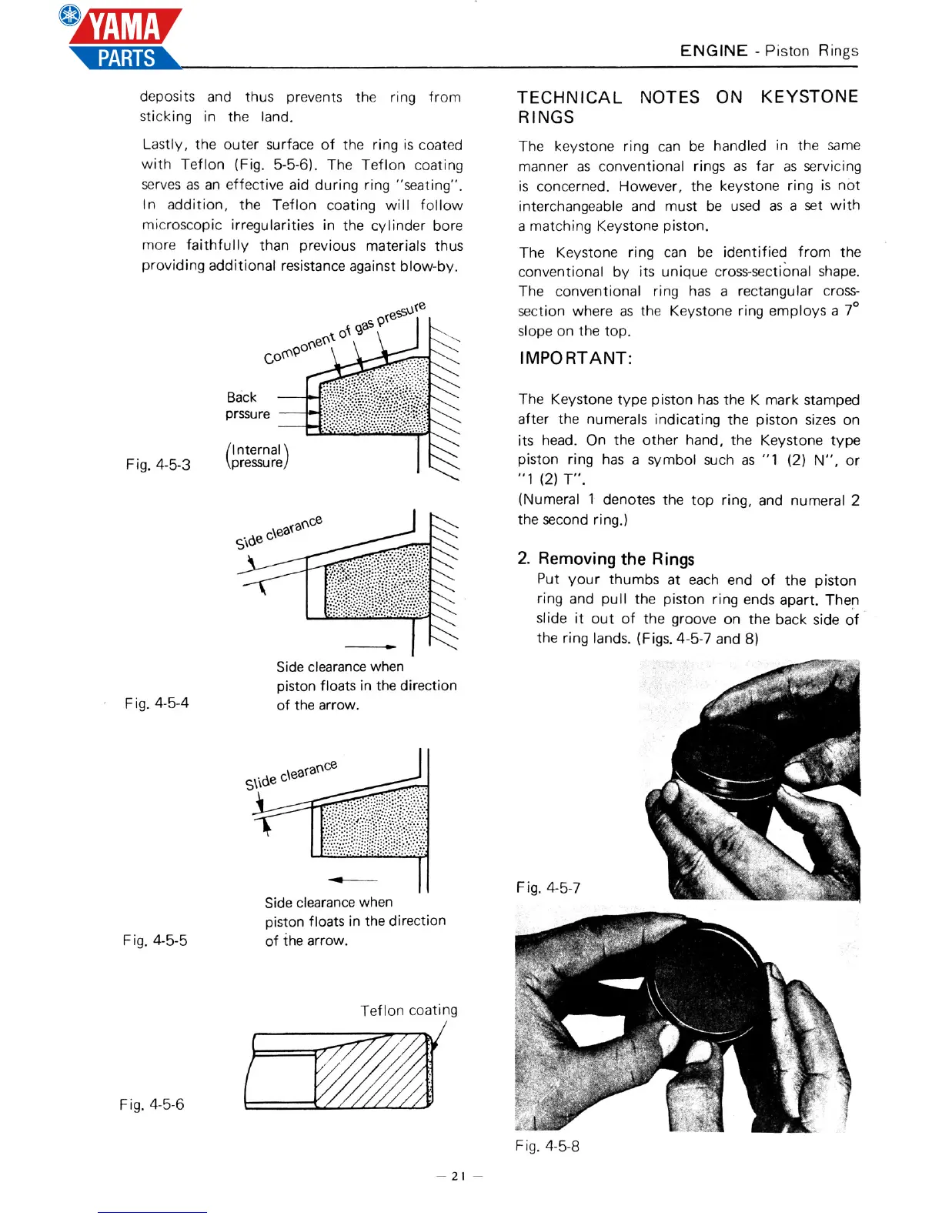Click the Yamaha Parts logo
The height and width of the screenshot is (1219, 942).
[123, 38]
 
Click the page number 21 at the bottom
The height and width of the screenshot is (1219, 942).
[459, 1175]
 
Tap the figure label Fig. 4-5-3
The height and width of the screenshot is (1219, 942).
[158, 464]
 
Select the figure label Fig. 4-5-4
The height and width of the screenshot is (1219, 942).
[156, 703]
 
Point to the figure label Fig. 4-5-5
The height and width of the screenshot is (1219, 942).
[155, 940]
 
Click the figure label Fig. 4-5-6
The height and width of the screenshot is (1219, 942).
[152, 1104]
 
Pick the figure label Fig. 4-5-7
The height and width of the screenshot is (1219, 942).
[548, 887]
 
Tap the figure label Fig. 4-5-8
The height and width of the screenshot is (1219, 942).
[547, 1146]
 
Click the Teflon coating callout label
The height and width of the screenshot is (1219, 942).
[409, 1010]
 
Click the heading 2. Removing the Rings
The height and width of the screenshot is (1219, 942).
[606, 559]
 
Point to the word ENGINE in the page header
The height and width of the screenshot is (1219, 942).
[713, 51]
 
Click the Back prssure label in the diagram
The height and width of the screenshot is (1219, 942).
[247, 406]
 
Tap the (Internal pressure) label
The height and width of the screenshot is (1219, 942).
[256, 456]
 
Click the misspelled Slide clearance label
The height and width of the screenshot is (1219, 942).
[291, 774]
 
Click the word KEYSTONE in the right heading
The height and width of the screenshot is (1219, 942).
[809, 97]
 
